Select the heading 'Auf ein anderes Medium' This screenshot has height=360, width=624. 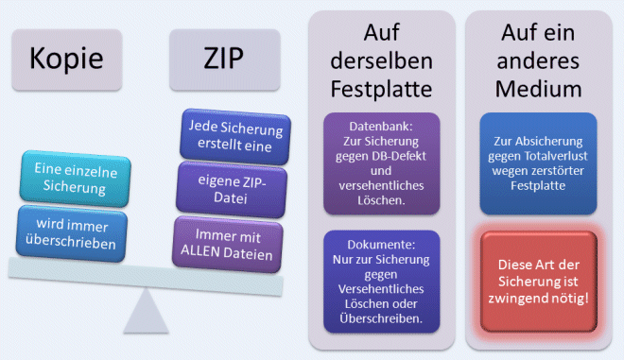540,63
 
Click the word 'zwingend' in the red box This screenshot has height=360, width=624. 525,299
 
